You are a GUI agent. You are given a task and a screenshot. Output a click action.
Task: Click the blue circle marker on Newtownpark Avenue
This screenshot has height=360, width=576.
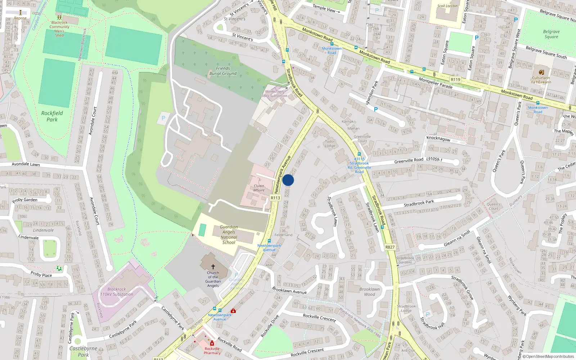(x=288, y=180)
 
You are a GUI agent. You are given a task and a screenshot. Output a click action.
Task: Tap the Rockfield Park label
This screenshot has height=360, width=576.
(x=52, y=116)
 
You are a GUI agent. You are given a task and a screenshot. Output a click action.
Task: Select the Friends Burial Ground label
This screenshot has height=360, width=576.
(x=223, y=71)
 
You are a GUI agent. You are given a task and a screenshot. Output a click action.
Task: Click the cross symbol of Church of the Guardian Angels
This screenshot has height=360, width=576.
(x=213, y=267)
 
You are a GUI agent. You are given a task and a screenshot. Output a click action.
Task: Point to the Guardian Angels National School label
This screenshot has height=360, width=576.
(x=229, y=235)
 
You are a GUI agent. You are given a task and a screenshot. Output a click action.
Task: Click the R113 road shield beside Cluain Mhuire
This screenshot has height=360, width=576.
(x=275, y=198)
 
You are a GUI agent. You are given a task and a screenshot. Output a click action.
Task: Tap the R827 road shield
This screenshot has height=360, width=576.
(x=390, y=247)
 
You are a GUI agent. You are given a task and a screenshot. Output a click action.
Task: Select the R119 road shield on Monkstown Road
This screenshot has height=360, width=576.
(x=455, y=80)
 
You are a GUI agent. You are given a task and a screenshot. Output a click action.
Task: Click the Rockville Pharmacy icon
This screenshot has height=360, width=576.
(x=212, y=343)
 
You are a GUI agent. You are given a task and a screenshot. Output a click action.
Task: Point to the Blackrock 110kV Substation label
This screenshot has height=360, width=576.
(x=117, y=292)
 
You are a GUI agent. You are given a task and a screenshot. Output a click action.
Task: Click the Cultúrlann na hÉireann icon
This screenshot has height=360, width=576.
(x=541, y=72)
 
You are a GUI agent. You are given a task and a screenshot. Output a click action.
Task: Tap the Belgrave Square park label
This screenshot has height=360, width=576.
(x=551, y=34)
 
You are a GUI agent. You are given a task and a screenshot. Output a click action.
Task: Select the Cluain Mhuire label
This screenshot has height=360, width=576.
(x=259, y=188)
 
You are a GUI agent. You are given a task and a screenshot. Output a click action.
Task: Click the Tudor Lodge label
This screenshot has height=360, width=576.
(x=330, y=143)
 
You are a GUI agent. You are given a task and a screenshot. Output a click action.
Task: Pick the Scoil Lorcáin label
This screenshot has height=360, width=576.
(x=447, y=6)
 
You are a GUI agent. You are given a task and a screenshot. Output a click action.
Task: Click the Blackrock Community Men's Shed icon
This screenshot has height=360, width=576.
(x=59, y=17)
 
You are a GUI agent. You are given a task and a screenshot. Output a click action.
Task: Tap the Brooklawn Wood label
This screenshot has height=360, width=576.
(x=369, y=292)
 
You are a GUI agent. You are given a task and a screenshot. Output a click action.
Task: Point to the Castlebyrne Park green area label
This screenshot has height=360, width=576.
(x=84, y=351)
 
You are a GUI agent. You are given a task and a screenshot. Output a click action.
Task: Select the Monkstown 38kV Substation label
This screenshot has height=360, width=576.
(x=274, y=94)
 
